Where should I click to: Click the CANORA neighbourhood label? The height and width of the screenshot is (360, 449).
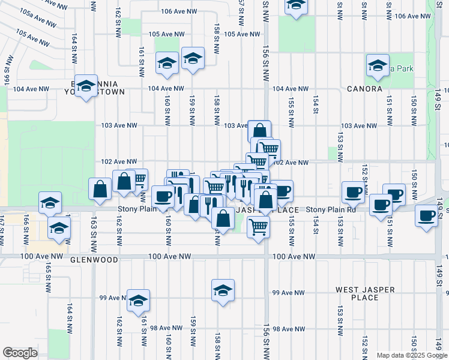pos(364,89)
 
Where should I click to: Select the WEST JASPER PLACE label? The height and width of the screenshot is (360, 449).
pos(365,293)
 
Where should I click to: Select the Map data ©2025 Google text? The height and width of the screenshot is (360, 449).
pos(412,355)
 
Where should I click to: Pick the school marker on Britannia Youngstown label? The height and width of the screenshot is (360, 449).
pos(86,88)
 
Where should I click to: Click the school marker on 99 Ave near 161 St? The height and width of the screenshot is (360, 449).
pos(138,301)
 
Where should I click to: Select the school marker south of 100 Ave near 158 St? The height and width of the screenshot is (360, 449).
pos(223,291)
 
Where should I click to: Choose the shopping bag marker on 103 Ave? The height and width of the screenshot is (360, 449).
pos(259,131)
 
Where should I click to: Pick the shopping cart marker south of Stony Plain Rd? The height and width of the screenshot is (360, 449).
pos(258,228)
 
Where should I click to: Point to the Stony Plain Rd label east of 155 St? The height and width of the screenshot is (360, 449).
pos(331,210)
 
